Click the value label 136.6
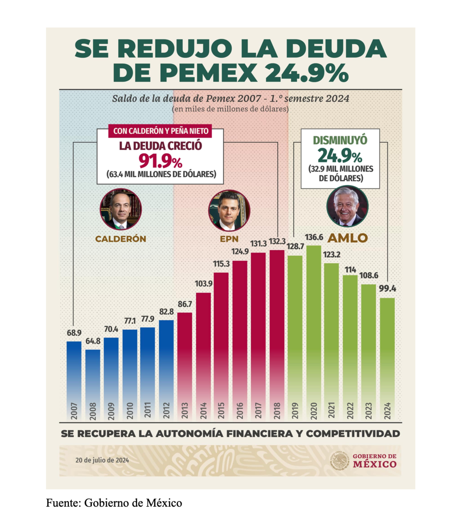(314, 237)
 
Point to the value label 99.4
(387, 288)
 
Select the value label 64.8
(93, 341)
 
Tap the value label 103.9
(204, 284)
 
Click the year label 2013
(185, 411)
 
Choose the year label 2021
(331, 411)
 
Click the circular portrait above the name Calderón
(121, 209)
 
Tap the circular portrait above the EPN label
(229, 211)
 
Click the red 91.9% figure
(160, 161)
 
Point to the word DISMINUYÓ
(340, 140)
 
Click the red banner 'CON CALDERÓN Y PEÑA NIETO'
(160, 131)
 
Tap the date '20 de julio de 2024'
(102, 460)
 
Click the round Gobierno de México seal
(339, 460)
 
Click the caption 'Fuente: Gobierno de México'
(114, 503)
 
